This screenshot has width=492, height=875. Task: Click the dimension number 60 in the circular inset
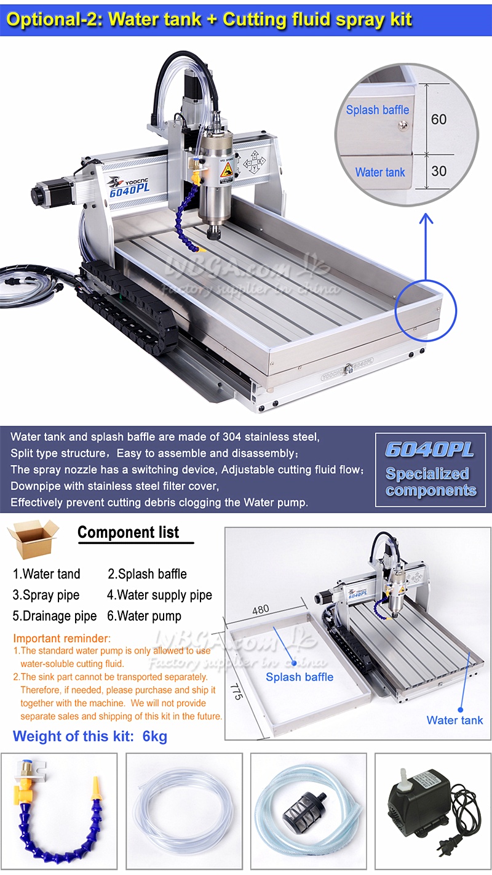pos(438,119)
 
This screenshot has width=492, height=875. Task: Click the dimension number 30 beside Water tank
pos(438,171)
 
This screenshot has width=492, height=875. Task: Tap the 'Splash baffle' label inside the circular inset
pos(377,110)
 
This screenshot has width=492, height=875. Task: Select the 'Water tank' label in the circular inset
pos(380,172)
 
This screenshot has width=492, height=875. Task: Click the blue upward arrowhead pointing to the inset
pos(426,219)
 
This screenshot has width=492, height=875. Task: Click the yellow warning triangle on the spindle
pos(227,170)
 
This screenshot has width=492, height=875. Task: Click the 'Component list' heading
pos(128,532)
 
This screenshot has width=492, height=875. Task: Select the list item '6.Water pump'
pos(144,616)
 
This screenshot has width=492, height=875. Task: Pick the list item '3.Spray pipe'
pos(46,595)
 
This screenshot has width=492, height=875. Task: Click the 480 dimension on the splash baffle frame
pos(260,610)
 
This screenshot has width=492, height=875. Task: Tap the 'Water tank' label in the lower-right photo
pos(454,720)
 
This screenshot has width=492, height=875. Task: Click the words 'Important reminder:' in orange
pos(61,638)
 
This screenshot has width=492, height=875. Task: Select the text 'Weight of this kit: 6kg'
pos(90,737)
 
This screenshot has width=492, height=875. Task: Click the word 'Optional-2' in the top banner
pos(54,20)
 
